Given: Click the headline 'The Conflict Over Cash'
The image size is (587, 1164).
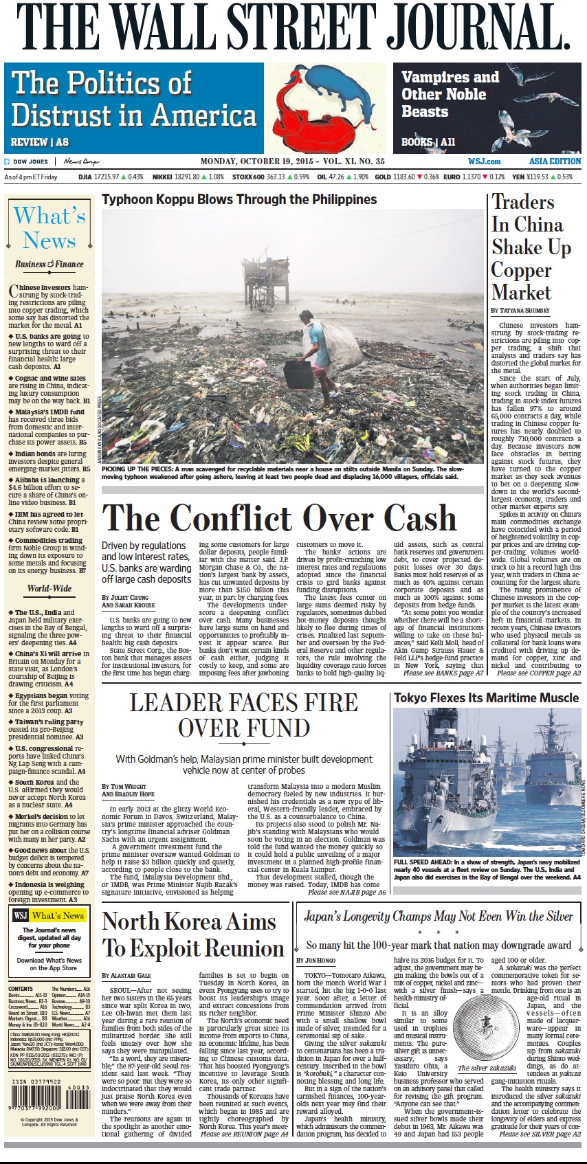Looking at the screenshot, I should [x=280, y=517].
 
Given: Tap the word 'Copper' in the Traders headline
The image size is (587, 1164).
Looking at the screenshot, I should [x=521, y=269].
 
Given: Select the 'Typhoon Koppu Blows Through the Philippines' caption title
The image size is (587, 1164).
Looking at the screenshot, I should [x=239, y=200].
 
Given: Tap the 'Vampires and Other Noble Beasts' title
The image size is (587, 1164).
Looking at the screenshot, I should [x=450, y=94].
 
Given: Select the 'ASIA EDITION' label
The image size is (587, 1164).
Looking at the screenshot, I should [x=555, y=161].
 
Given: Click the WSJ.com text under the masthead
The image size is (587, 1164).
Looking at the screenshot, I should [x=485, y=161].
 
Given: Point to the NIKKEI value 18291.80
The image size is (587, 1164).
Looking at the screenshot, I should [x=188, y=177].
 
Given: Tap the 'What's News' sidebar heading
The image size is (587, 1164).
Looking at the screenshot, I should [x=49, y=228].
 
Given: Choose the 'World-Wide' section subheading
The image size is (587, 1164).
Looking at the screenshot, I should [x=49, y=588].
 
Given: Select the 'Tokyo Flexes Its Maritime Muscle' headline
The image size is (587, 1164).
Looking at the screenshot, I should [x=486, y=698].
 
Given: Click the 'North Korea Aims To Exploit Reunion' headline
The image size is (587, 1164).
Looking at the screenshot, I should [x=192, y=935].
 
